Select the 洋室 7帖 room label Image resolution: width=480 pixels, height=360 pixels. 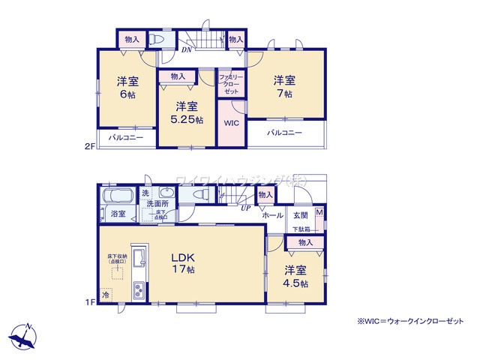point(283,87)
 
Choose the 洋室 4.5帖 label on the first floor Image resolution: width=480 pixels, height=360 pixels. point(295,277)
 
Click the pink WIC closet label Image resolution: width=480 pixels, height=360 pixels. point(230,123)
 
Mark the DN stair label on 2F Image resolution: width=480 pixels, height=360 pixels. point(186,51)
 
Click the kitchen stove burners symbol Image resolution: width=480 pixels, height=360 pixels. point(138,289)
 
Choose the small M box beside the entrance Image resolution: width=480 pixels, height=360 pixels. point(319,213)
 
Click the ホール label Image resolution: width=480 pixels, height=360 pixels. point(272,215)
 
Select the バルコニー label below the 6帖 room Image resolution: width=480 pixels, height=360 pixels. point(124,138)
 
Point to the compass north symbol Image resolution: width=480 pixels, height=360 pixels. point(22,336)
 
